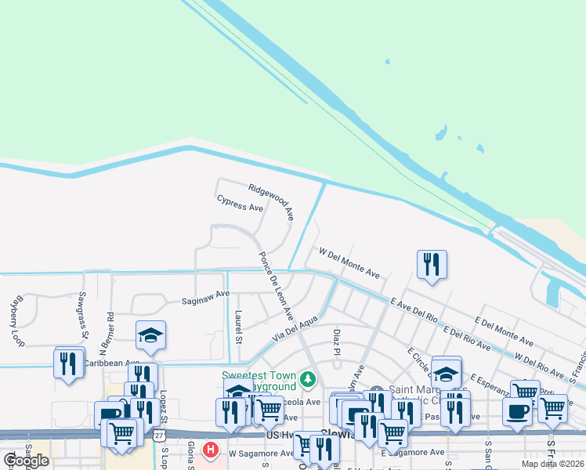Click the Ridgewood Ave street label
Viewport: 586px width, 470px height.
click(x=271, y=201)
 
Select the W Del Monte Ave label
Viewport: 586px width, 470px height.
click(x=349, y=263)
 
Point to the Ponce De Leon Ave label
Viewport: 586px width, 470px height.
click(x=276, y=286)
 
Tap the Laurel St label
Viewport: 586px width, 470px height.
click(x=238, y=327)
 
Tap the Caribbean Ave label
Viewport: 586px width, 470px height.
click(x=110, y=363)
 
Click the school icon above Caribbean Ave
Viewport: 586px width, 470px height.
click(x=150, y=335)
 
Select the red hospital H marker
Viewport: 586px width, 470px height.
click(x=209, y=450)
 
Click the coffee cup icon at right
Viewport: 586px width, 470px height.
click(x=516, y=410)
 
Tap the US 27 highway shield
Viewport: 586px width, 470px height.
click(x=159, y=435)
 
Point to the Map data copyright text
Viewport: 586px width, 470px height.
click(x=553, y=464)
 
